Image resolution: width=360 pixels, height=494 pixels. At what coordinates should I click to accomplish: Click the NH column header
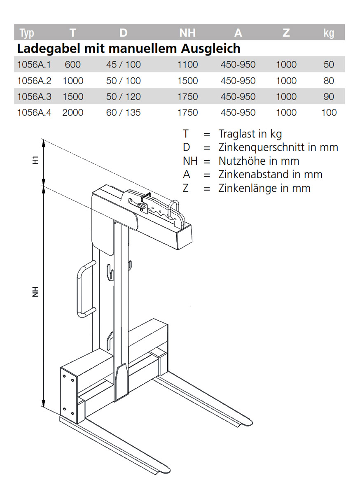[x=187, y=33]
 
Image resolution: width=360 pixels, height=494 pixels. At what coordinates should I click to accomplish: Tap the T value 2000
[x=73, y=112]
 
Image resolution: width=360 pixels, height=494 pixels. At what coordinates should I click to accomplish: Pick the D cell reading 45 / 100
[x=123, y=65]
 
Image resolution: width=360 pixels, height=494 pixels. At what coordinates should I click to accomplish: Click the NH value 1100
[x=187, y=65]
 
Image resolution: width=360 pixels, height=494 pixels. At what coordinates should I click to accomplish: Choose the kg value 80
[x=329, y=81]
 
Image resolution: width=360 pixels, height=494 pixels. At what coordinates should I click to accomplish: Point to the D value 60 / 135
[x=123, y=112]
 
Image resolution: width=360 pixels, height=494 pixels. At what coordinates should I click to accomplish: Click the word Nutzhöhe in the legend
[x=241, y=161]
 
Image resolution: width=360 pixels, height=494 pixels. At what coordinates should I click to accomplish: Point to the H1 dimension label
[x=36, y=160]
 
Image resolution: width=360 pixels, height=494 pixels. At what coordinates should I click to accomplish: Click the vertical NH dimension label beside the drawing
[x=36, y=291]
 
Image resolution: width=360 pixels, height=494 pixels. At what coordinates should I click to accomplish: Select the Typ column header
[x=26, y=33]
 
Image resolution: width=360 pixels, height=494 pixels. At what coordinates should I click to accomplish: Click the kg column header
[x=329, y=33]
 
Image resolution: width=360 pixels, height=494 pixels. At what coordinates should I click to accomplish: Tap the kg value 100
[x=329, y=112]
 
